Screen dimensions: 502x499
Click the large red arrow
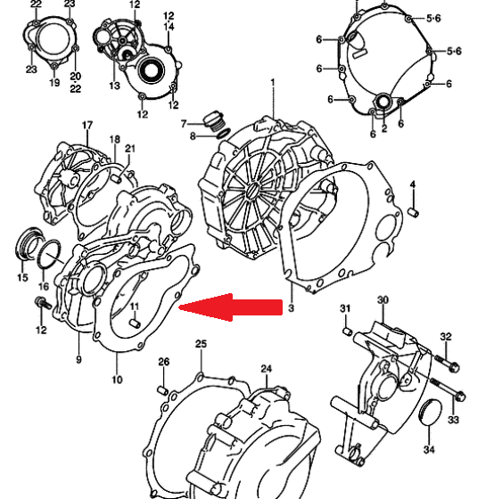click(x=231, y=307)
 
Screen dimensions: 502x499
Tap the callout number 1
click(x=273, y=83)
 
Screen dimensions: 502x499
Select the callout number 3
click(x=291, y=308)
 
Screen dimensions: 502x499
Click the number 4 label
click(x=413, y=184)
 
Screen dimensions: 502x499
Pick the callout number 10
click(x=117, y=380)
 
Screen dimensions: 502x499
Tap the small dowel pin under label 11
click(x=136, y=323)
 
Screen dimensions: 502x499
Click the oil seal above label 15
click(x=28, y=244)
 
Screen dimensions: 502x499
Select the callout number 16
click(x=44, y=286)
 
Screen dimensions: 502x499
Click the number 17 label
click(x=87, y=125)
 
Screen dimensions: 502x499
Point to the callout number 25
click(x=201, y=344)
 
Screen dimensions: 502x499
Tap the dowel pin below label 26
click(x=163, y=390)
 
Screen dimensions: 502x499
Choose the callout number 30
click(x=383, y=300)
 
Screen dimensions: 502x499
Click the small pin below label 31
click(x=348, y=331)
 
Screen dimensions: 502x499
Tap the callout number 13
click(x=115, y=86)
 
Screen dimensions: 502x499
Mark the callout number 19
click(x=54, y=83)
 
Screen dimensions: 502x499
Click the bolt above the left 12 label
click(x=42, y=303)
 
